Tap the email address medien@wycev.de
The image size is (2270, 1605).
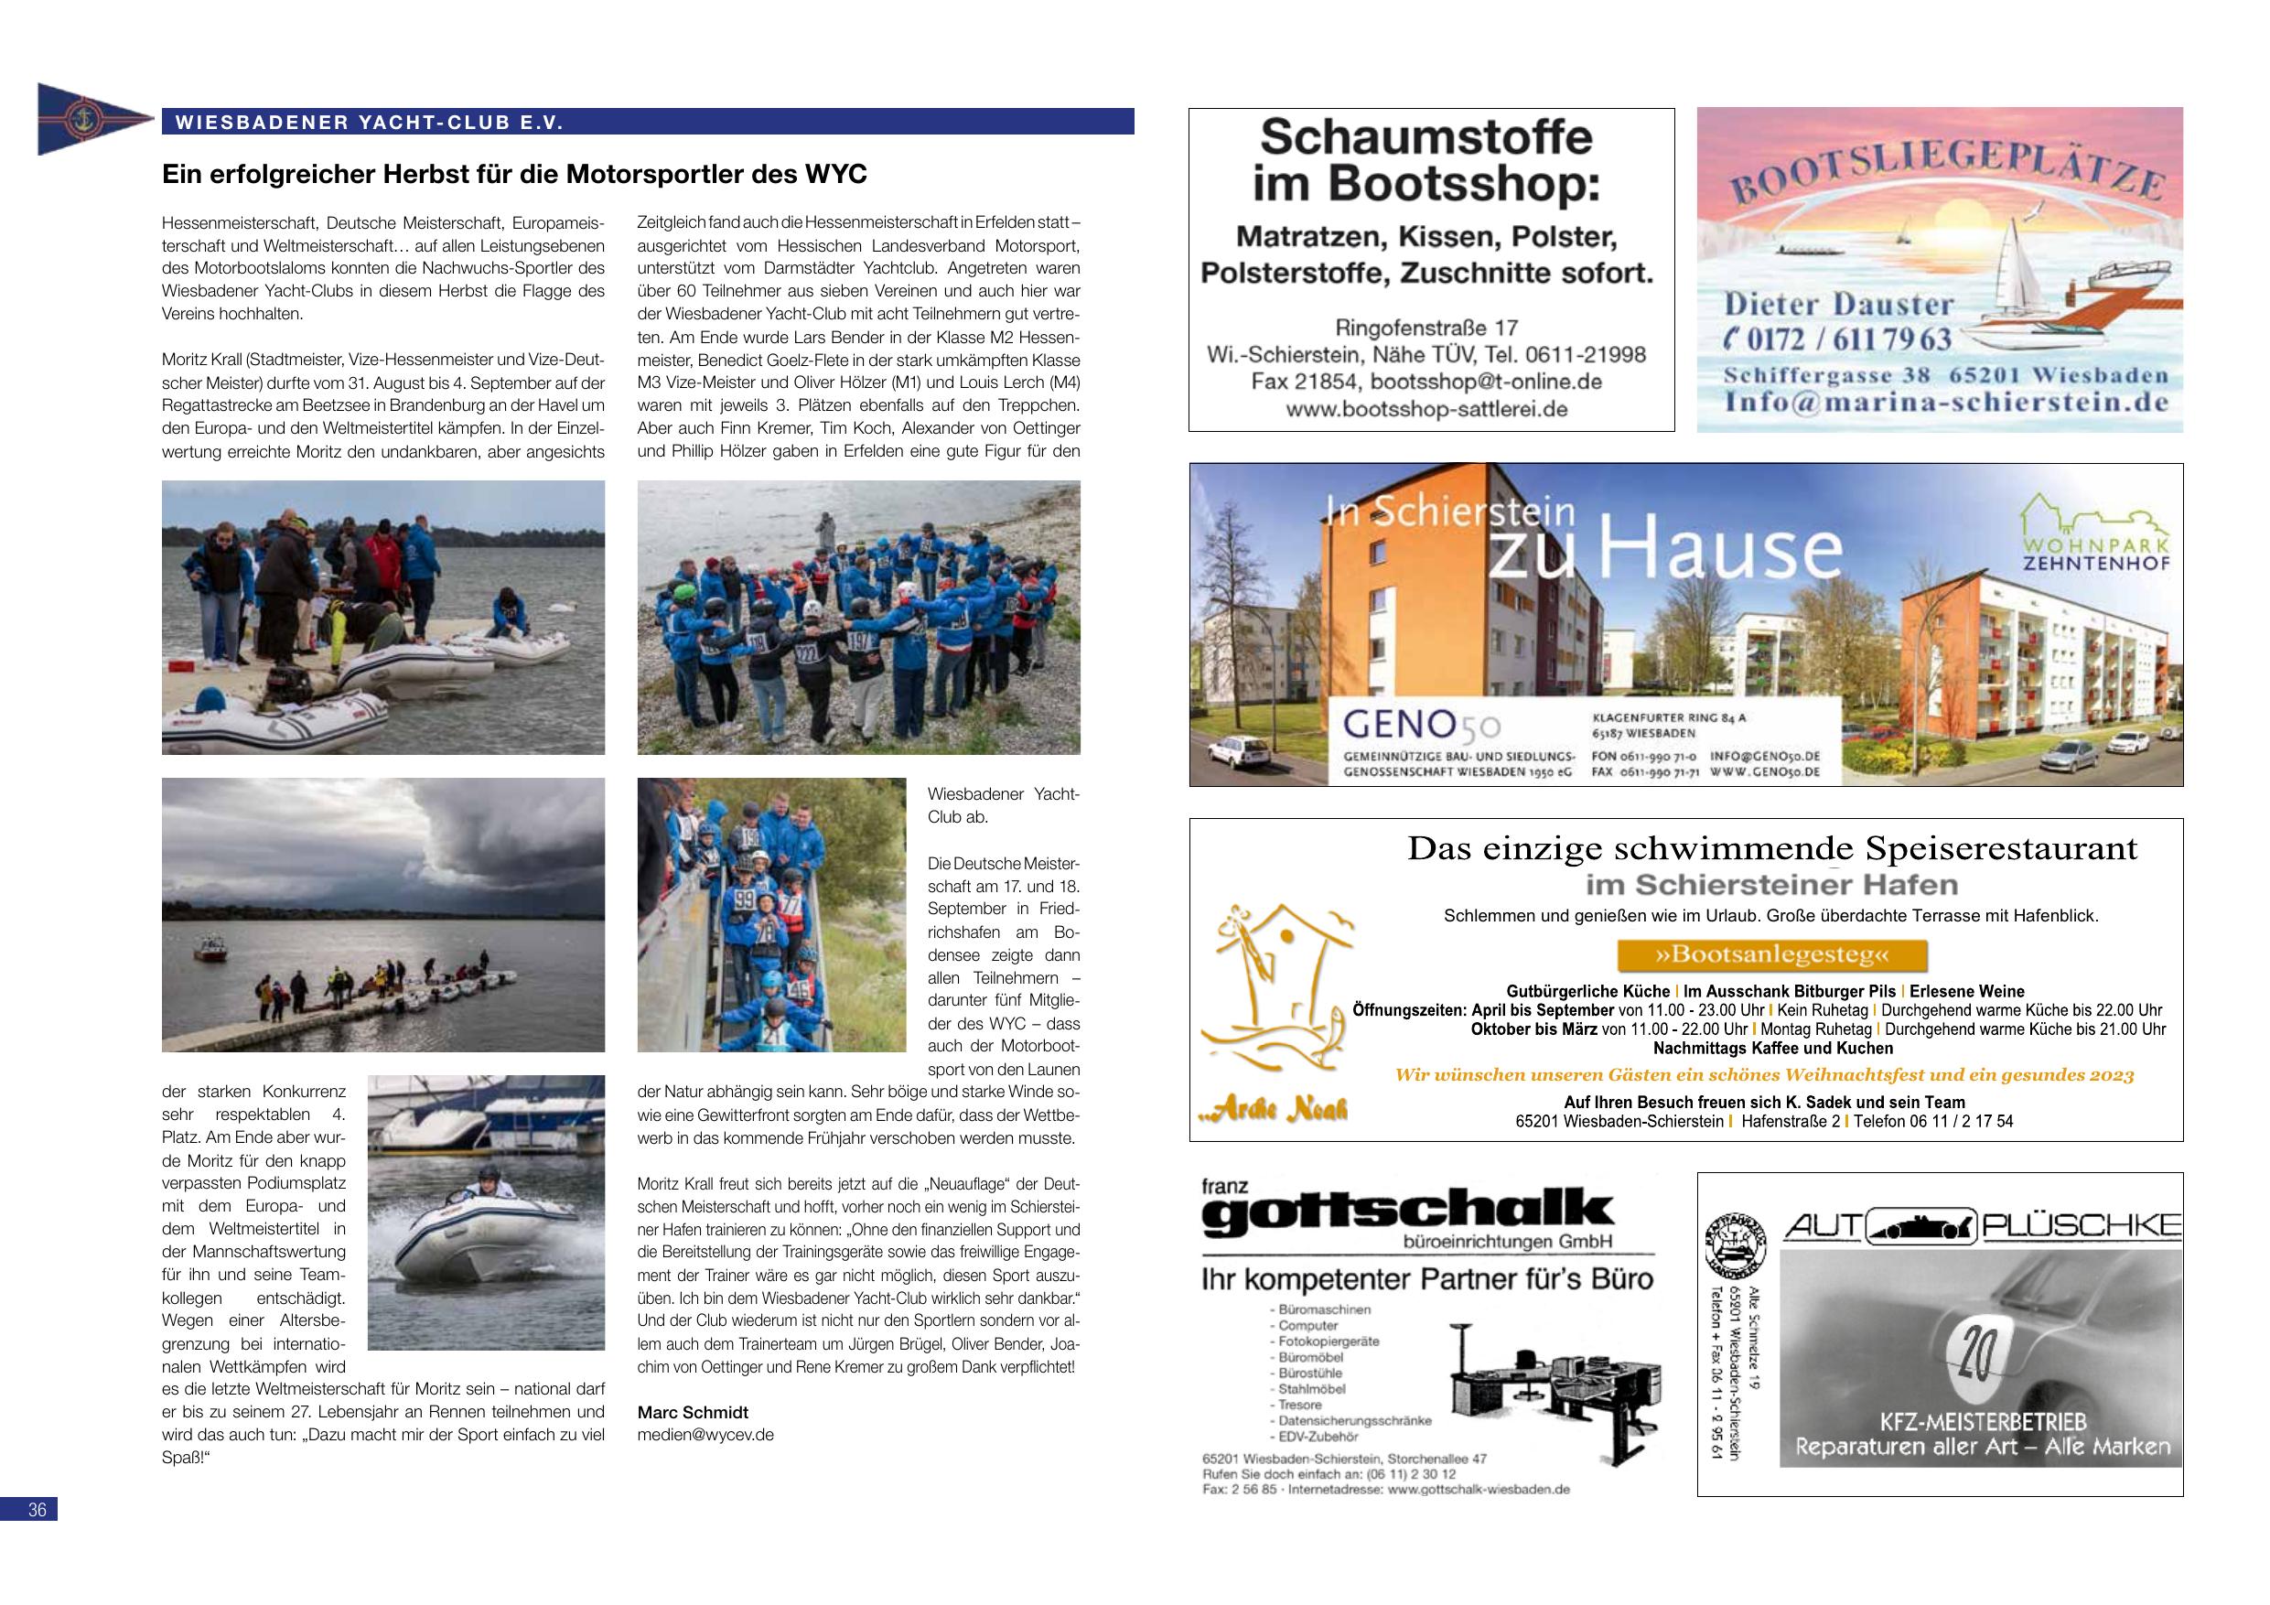click(x=705, y=1434)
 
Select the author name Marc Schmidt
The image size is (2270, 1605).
click(x=692, y=1412)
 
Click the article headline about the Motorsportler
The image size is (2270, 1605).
click(x=514, y=175)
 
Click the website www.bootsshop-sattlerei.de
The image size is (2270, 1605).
click(x=1426, y=408)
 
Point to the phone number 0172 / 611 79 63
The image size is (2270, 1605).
click(x=1839, y=339)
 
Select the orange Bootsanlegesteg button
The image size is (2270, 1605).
click(x=1771, y=955)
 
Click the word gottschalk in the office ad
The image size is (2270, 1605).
click(x=1408, y=1212)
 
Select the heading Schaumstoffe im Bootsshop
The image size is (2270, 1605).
click(x=1425, y=158)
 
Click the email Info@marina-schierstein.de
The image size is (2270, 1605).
click(x=1946, y=402)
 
